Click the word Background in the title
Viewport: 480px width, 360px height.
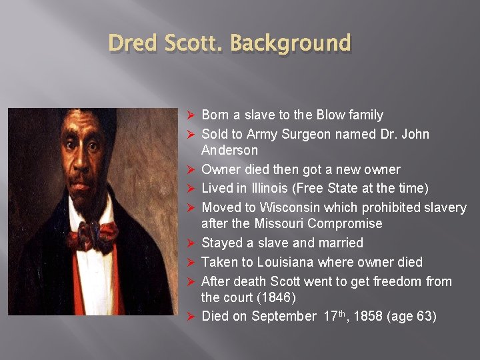tap(290, 44)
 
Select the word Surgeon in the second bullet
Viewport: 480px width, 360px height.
tap(307, 135)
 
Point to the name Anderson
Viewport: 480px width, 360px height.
tap(229, 151)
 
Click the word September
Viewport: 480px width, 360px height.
tap(283, 316)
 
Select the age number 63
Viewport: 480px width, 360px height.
tap(423, 316)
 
